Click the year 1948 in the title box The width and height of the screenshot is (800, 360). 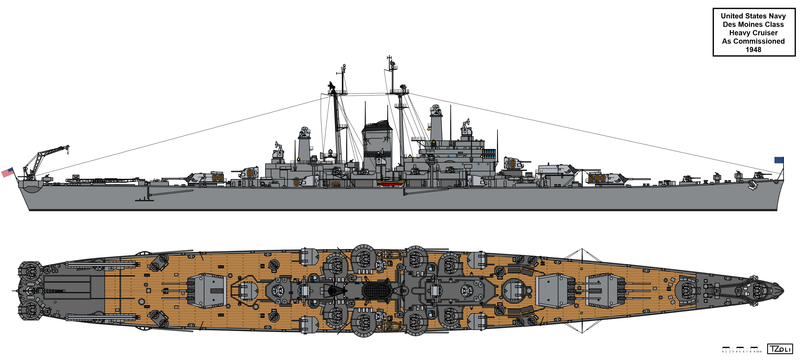pyautogui.click(x=753, y=50)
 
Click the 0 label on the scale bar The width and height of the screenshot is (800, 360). pyautogui.click(x=723, y=352)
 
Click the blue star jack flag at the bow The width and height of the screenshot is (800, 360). pyautogui.click(x=779, y=160)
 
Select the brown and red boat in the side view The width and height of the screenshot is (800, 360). pyautogui.click(x=390, y=182)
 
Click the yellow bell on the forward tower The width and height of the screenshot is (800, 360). pyautogui.click(x=429, y=128)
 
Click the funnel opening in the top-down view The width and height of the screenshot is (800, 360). pyautogui.click(x=375, y=291)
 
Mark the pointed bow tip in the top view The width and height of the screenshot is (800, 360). pyautogui.click(x=783, y=291)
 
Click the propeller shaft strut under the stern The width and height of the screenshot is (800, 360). pyautogui.click(x=145, y=199)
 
